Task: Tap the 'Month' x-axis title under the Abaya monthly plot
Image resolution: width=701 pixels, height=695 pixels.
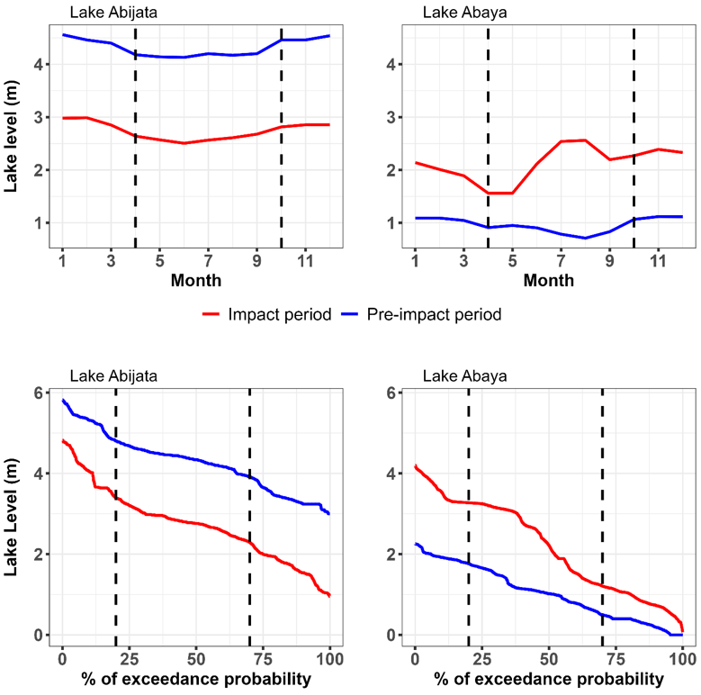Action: point(549,280)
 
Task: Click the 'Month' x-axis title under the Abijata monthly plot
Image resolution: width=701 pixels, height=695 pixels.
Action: point(196,280)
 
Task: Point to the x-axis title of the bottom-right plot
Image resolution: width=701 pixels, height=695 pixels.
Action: point(549,678)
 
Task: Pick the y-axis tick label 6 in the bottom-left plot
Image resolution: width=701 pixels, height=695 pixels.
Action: point(39,393)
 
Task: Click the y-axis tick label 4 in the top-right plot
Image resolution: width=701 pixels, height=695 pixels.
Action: point(392,65)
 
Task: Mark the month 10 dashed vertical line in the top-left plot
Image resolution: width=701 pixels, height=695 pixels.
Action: point(281,135)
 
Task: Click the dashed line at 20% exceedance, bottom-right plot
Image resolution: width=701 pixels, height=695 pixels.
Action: point(469,504)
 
